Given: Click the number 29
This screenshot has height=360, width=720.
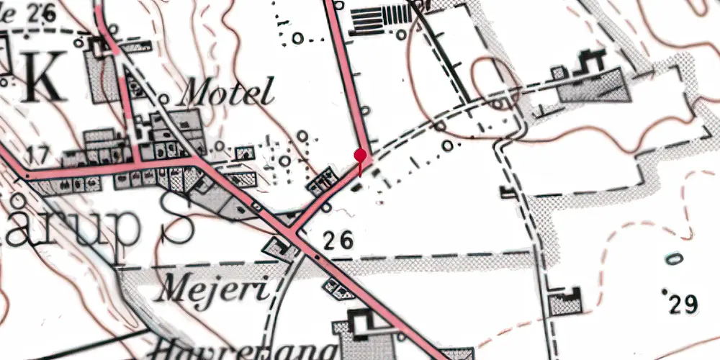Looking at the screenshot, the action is click(x=683, y=305).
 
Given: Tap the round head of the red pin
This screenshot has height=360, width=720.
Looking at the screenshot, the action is click(x=360, y=154).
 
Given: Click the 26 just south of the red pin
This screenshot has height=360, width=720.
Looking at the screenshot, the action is click(x=338, y=241).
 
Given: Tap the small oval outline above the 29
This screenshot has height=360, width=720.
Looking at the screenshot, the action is click(x=674, y=258).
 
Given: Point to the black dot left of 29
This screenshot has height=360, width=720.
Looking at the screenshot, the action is click(x=664, y=292).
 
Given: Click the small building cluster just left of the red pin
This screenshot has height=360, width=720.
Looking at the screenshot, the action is click(x=321, y=181).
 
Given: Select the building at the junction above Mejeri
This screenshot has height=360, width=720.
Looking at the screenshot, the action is click(x=280, y=248).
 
